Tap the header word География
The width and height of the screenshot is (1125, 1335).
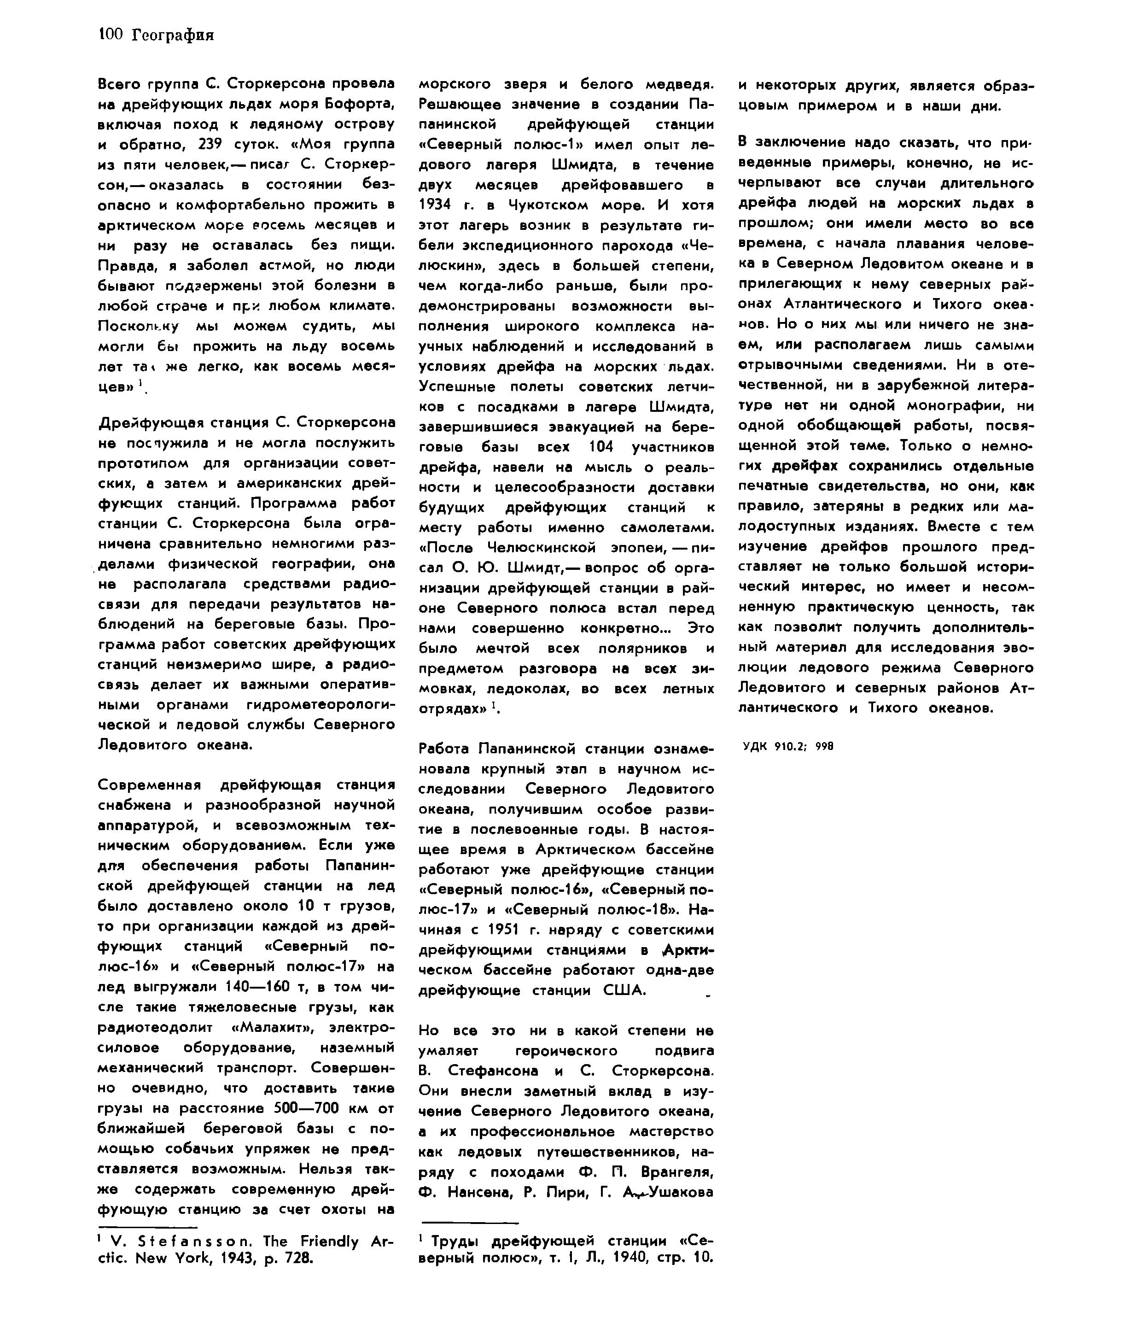[173, 35]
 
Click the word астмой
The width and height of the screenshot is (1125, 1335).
[290, 265]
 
